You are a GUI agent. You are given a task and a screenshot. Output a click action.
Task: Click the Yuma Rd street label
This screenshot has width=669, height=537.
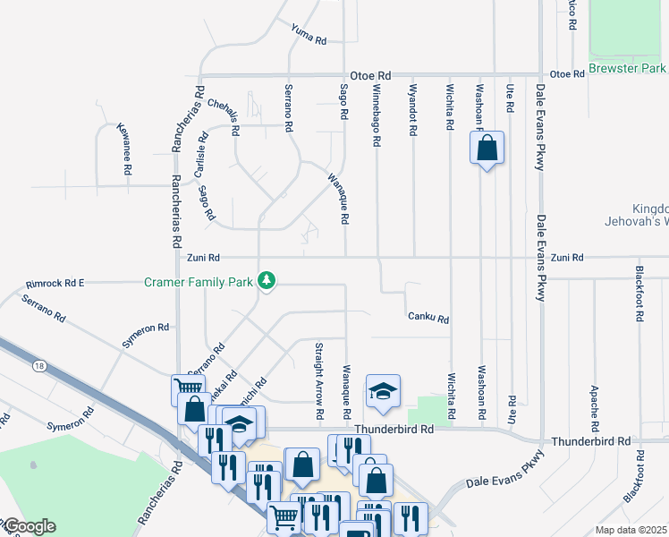(309, 35)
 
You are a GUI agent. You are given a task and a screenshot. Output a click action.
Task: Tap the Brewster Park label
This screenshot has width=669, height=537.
(627, 68)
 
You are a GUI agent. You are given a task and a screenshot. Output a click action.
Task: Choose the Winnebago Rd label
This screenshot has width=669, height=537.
(377, 116)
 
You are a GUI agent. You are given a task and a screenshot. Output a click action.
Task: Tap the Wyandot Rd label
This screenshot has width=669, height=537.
(412, 110)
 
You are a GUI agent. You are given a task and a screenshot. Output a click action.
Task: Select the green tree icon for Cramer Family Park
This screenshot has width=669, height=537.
(266, 281)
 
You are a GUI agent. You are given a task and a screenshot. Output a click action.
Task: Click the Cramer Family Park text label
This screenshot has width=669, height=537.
(199, 282)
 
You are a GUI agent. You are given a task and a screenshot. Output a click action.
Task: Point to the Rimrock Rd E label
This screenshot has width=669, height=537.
(55, 283)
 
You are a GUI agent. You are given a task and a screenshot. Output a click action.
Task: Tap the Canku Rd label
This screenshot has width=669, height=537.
(428, 318)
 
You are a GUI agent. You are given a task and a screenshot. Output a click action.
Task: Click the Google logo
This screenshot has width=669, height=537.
(30, 525)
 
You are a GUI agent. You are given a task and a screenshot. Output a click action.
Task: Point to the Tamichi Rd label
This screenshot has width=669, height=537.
(254, 394)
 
